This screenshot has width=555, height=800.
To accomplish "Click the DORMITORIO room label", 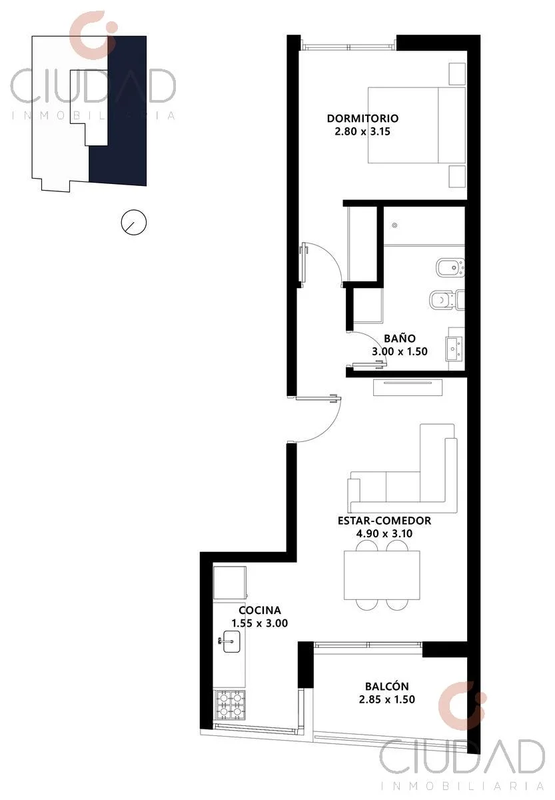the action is point(362,118).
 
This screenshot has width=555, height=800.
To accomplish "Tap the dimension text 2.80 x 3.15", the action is point(362,131).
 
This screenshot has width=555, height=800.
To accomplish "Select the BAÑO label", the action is point(400,338).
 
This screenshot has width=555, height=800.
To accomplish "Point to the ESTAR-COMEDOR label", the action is point(384,521).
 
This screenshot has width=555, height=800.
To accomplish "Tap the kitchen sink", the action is point(231,642).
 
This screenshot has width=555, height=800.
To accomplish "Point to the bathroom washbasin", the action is point(454,348).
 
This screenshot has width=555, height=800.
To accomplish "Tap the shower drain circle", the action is point(394,225).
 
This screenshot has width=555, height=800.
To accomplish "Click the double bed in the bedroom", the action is point(416,125).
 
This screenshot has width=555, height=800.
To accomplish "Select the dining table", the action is point(382,575).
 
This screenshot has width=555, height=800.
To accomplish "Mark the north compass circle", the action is point(134,222).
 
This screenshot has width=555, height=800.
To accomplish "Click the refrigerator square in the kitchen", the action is point(230,583).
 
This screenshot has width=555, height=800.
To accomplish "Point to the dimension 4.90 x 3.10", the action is point(384,533).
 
